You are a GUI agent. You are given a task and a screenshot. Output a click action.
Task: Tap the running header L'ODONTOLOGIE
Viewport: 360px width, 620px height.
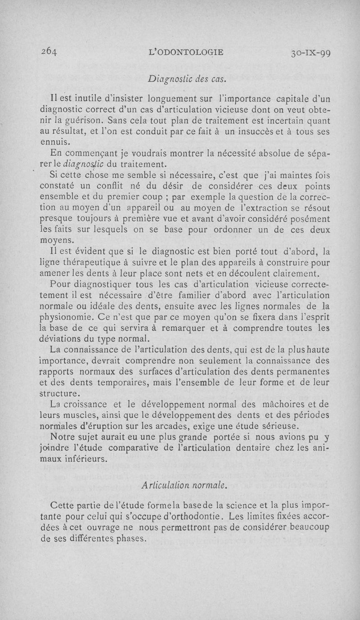(186, 52)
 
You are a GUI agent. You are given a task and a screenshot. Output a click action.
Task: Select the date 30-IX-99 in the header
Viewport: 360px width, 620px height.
(310, 53)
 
